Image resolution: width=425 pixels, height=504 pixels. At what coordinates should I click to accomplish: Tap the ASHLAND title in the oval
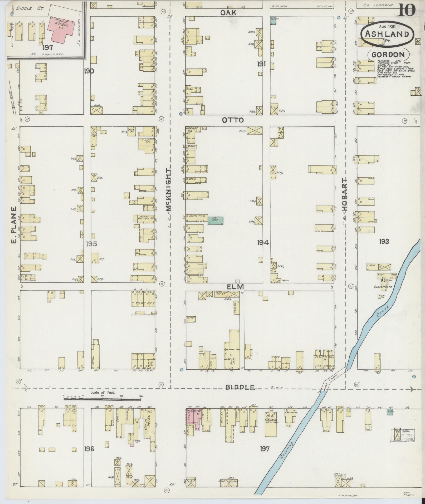(387, 34)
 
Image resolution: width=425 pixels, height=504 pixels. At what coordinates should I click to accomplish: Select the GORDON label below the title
(388, 55)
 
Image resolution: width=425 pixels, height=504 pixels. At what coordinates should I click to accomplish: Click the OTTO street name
(233, 120)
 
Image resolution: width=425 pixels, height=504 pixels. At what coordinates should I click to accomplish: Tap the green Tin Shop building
(216, 220)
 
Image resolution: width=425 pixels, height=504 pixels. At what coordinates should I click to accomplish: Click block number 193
(384, 241)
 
